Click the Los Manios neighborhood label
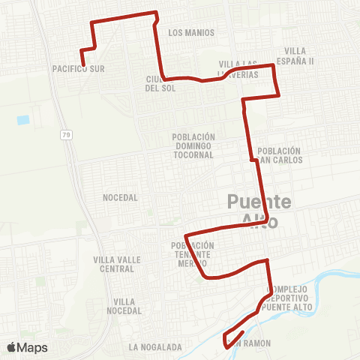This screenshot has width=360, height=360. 191,33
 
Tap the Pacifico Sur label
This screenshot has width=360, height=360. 78,68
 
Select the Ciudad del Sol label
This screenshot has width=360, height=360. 160,83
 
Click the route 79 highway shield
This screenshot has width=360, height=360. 67,135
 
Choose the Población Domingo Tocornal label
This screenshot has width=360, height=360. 193,145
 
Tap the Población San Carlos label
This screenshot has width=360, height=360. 279,155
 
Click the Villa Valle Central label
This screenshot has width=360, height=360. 113,264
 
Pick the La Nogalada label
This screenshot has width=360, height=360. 155,347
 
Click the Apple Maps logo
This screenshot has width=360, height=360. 27,347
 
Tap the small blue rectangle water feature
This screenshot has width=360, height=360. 23,119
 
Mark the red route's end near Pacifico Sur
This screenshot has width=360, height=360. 82,64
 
